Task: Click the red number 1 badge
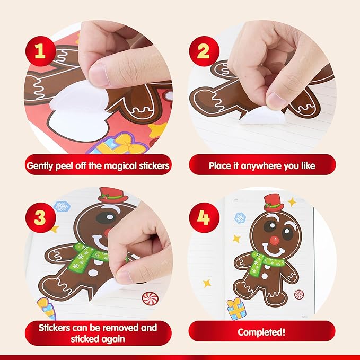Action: (x=39, y=52)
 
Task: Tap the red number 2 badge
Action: (x=203, y=52)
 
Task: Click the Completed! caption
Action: (x=262, y=332)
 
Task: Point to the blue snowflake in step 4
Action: (x=240, y=217)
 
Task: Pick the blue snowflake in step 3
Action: (x=62, y=206)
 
